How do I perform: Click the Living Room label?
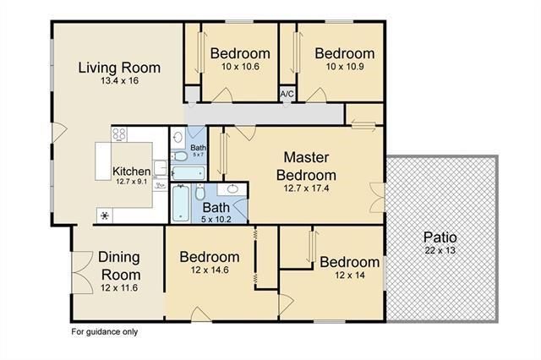[x=119, y=68]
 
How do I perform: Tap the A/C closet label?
[x=287, y=94]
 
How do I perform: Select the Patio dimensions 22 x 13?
[x=440, y=250]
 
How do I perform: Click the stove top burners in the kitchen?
[x=119, y=134]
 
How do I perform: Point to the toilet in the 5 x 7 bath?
[x=179, y=156]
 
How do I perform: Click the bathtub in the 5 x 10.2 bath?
[x=181, y=203]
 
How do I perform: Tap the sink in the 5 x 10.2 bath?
[x=232, y=189]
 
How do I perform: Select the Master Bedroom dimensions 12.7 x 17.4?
[x=306, y=188]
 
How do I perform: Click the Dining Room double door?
[x=82, y=272]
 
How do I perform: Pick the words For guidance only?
[x=105, y=332]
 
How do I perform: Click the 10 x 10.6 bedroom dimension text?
[x=240, y=67]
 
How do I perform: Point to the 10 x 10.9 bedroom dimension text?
[x=345, y=67]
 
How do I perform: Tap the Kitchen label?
[x=132, y=171]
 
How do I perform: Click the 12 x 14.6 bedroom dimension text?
[x=210, y=270]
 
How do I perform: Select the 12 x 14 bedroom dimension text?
[x=350, y=275]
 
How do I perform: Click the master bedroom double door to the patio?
[x=377, y=198]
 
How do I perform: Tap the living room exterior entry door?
[x=59, y=132]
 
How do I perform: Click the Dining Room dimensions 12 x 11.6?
[x=119, y=287]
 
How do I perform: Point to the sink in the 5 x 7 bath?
[x=178, y=138]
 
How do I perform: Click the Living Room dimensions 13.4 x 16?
[x=120, y=80]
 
